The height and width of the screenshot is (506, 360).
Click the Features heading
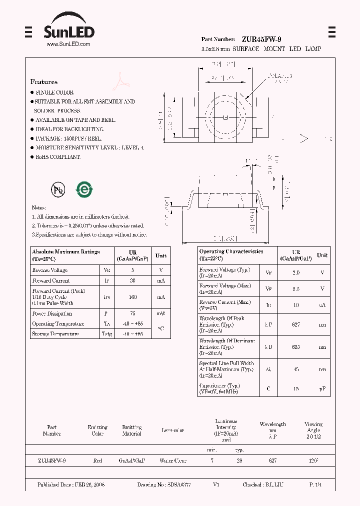point(44,82)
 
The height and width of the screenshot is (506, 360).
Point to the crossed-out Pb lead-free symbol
point(57,189)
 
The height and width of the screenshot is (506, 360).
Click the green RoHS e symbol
point(83,189)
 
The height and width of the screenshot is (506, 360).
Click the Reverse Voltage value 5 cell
point(132,270)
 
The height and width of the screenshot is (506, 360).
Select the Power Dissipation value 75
point(132,314)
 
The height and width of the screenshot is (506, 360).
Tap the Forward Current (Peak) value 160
point(132,297)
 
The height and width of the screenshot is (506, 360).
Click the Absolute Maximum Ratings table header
point(65,255)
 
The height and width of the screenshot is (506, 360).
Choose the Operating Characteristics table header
point(231,254)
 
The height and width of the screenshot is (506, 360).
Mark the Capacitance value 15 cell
point(296,388)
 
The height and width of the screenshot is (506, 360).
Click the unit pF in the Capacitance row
point(322,388)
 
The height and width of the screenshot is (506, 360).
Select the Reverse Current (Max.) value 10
point(296,304)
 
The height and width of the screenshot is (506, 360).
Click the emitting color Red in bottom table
point(97,460)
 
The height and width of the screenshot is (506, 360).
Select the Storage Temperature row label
point(55,333)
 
